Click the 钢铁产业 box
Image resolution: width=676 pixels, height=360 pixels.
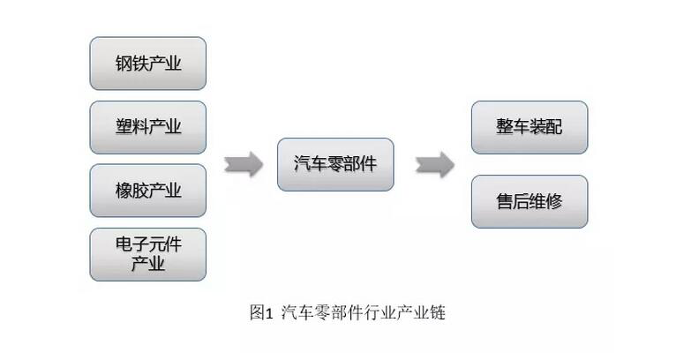[147, 64]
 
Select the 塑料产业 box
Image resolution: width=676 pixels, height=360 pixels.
[147, 127]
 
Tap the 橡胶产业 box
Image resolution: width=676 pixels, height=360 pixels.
[147, 191]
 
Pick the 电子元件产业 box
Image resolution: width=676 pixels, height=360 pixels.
[147, 254]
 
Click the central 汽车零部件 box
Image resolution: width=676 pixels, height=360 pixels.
[335, 163]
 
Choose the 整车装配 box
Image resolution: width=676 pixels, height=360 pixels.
[529, 127]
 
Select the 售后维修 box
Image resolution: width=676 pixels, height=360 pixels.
[529, 201]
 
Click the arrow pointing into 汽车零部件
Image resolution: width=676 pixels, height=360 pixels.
[243, 163]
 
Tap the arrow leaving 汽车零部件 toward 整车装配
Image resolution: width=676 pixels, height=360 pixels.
[434, 163]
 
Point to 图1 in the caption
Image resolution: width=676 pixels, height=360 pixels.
[262, 312]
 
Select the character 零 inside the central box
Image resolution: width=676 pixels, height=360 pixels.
[335, 163]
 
